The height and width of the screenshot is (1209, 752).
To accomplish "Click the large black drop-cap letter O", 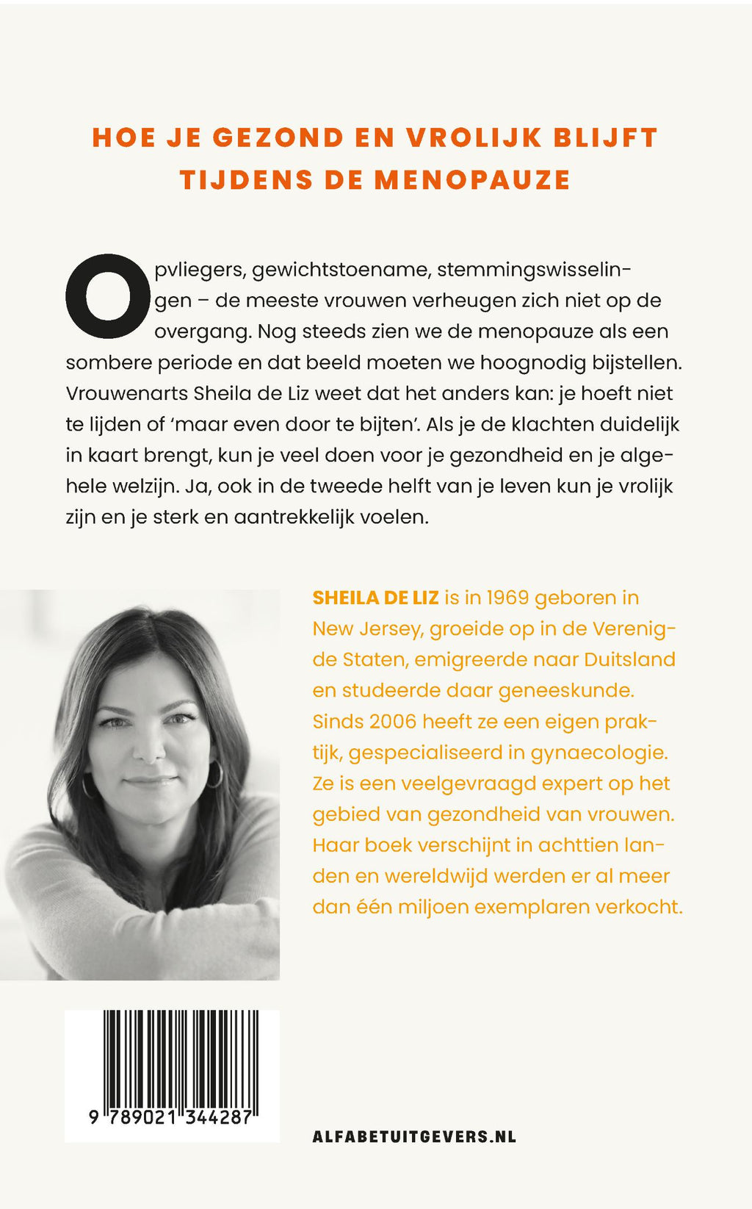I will pyautogui.click(x=108, y=296).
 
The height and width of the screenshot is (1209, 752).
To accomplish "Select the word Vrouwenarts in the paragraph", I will pyautogui.click(x=127, y=393).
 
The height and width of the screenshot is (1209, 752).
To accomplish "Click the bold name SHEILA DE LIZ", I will pyautogui.click(x=375, y=598).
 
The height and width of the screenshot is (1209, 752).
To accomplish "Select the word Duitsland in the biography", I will pyautogui.click(x=629, y=659).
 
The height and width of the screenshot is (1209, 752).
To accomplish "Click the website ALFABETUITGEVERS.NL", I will pyautogui.click(x=414, y=1136).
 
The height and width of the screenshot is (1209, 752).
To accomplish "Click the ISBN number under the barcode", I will pyautogui.click(x=170, y=1117).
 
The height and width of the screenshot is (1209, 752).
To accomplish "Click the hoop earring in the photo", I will pyautogui.click(x=216, y=774).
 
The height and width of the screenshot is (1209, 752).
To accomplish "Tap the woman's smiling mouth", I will pyautogui.click(x=152, y=781).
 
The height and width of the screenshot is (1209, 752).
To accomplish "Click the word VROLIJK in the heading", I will pyautogui.click(x=474, y=137).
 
